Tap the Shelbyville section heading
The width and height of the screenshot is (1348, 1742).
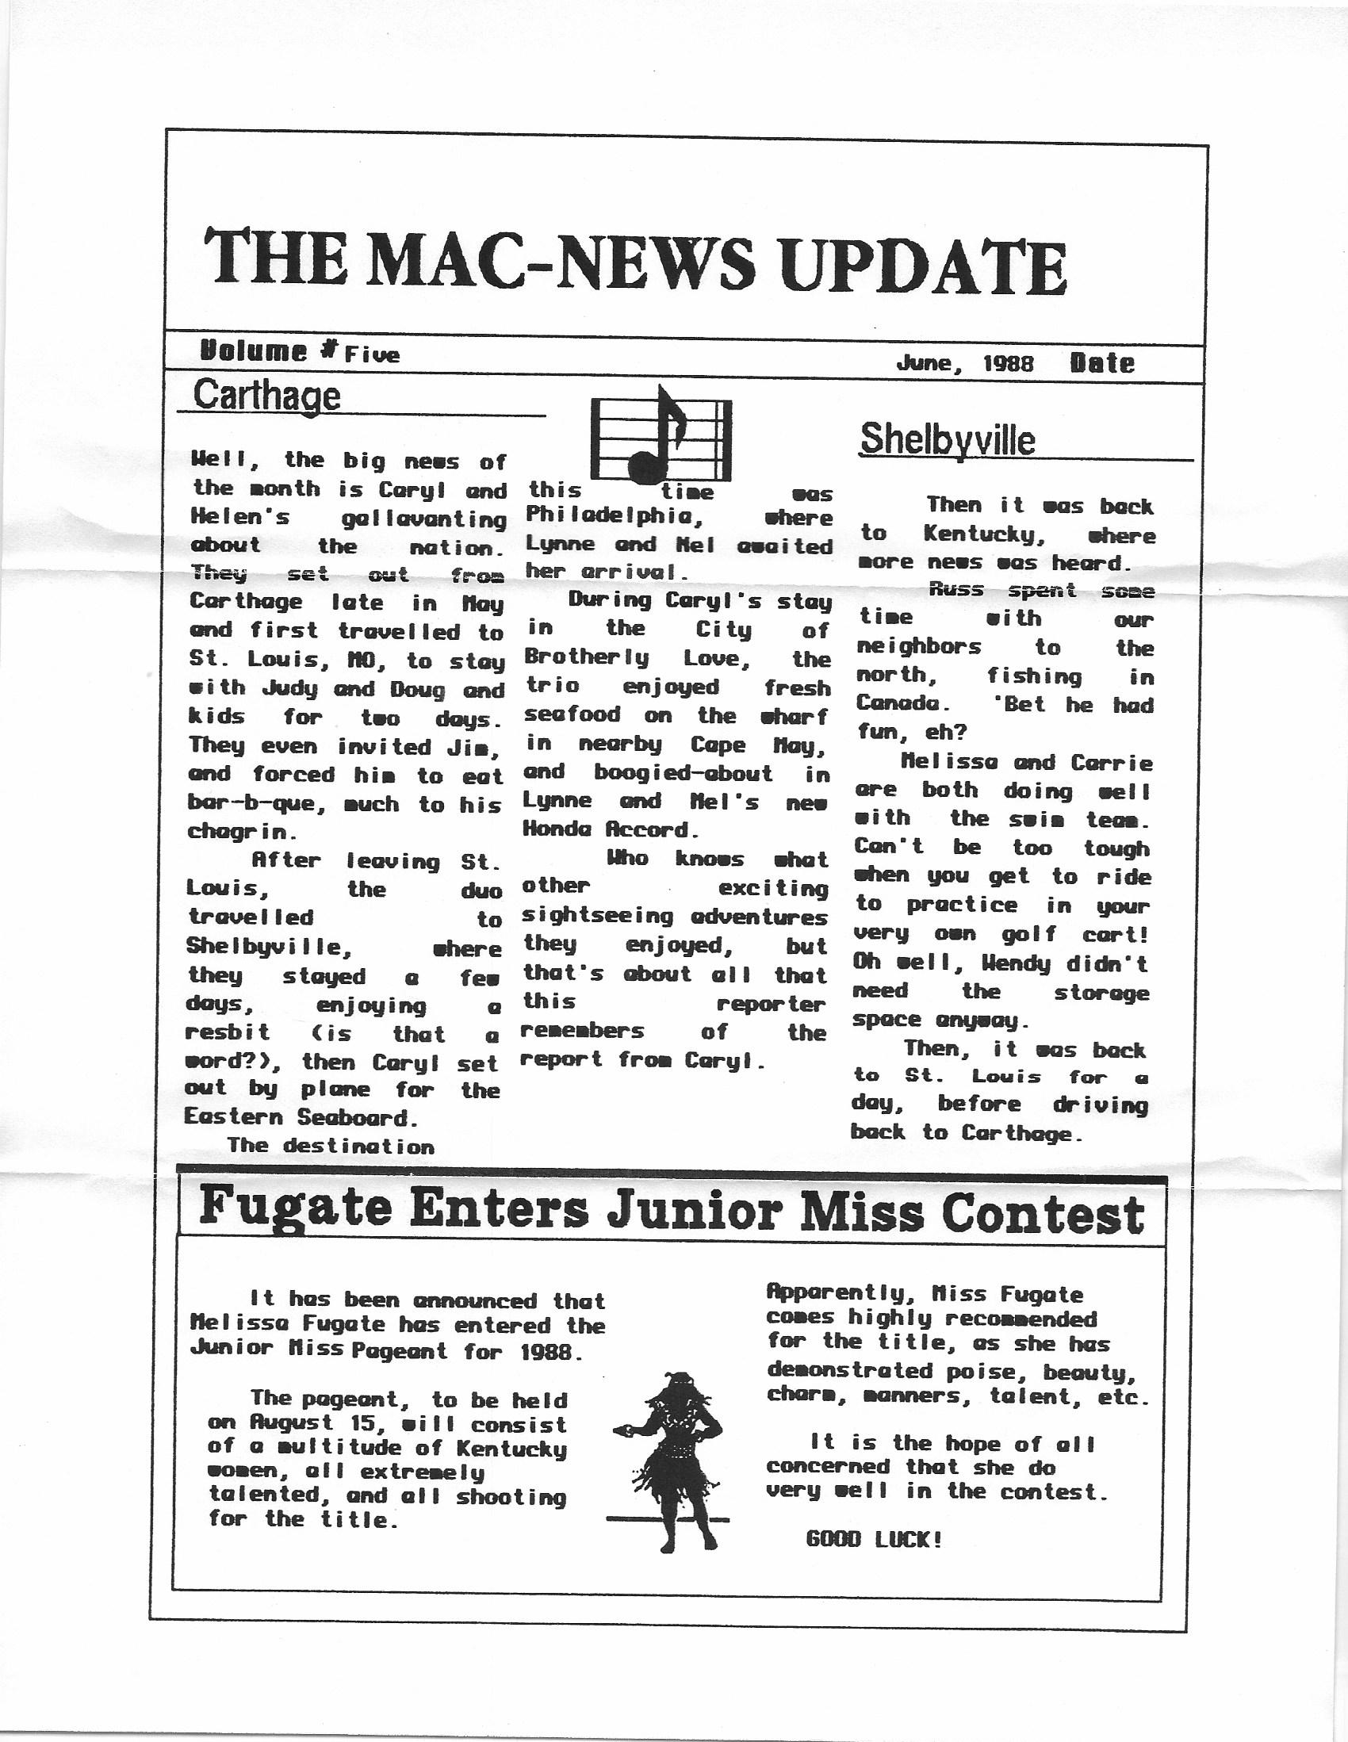point(948,439)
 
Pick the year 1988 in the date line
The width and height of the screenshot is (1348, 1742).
point(1008,364)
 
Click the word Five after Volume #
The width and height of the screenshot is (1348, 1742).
point(372,355)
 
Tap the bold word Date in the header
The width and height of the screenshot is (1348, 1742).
point(1101,363)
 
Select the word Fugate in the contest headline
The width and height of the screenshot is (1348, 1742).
point(295,1208)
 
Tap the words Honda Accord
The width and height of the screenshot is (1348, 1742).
point(611,829)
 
